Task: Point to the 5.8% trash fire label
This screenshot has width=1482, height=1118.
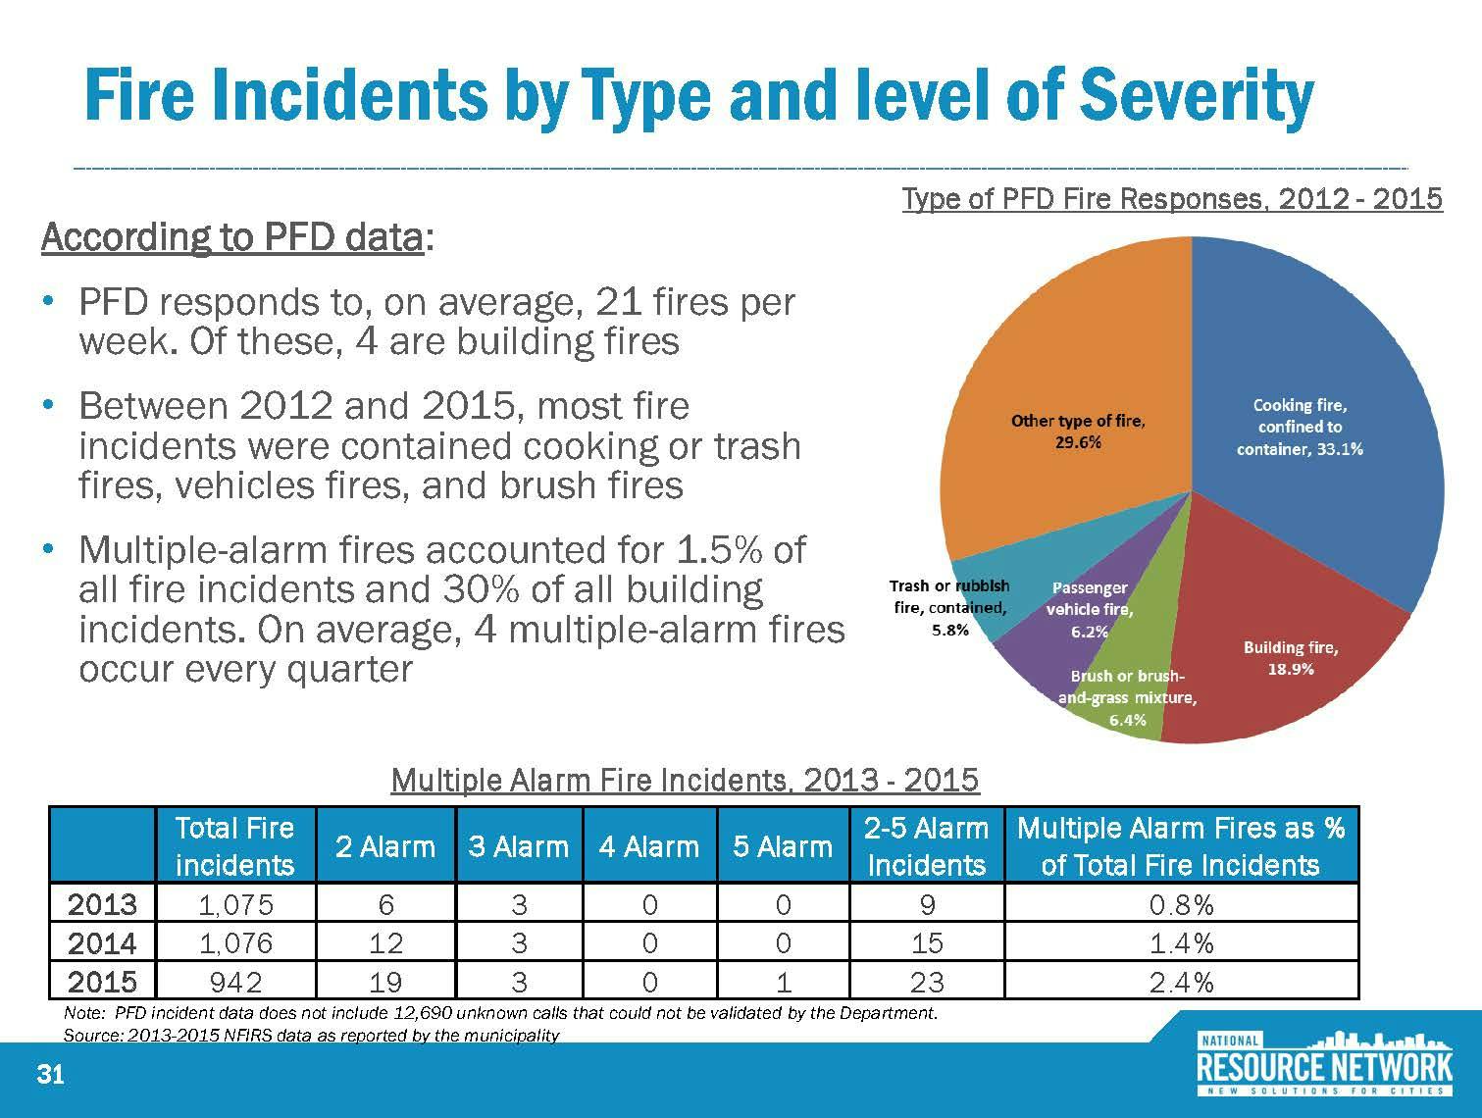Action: [948, 630]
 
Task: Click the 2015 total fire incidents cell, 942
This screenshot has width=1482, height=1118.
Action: [234, 981]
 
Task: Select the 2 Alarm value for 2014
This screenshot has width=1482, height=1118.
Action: [385, 942]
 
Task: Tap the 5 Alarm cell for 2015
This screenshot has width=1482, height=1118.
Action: [782, 981]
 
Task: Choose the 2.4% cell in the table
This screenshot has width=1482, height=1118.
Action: [1181, 981]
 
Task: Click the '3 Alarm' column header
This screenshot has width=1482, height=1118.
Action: [518, 846]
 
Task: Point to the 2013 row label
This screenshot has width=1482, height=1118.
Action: [102, 903]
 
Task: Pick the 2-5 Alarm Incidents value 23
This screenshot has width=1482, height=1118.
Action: [926, 981]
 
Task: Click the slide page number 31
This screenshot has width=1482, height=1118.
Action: [50, 1076]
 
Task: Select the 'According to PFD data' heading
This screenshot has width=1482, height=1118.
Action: [232, 237]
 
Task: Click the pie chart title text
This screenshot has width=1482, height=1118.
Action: [1171, 199]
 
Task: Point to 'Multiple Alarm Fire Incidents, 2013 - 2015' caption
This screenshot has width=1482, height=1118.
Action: [685, 780]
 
